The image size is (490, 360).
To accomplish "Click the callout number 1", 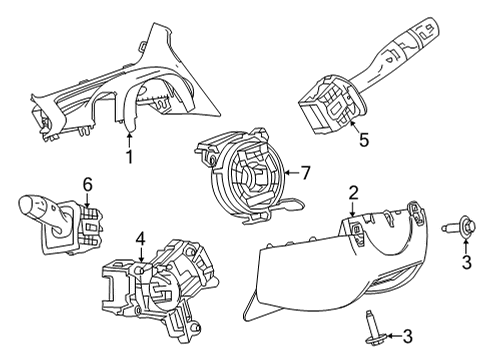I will point(128,157).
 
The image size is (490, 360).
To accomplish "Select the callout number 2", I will point(353,192).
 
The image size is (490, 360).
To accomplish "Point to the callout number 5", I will point(363,142).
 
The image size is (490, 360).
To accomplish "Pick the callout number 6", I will point(87,184).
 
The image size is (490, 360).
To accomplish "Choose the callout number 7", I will point(306,172).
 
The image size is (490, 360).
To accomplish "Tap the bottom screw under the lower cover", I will point(371,326).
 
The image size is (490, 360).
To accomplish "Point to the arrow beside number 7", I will point(290,172).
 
